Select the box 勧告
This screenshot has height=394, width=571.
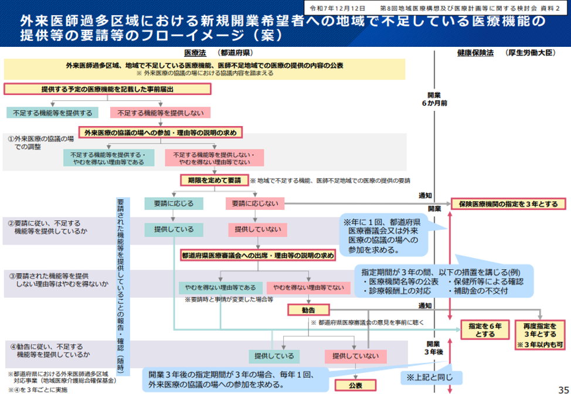(x=308, y=309)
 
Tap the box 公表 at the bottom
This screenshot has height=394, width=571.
(x=356, y=386)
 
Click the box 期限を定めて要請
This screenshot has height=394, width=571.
(x=215, y=181)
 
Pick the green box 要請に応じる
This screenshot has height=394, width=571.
(x=174, y=203)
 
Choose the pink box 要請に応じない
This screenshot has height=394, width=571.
(x=254, y=203)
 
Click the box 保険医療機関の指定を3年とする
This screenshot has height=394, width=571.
(x=508, y=204)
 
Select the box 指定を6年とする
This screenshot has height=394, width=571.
(x=484, y=330)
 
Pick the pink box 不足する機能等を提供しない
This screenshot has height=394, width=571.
(x=151, y=112)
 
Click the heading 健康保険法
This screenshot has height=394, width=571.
(x=474, y=53)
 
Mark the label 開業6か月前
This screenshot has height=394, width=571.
(x=434, y=99)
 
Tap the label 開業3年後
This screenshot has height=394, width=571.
(x=434, y=348)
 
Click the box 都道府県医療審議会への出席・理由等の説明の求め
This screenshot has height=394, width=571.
(x=257, y=256)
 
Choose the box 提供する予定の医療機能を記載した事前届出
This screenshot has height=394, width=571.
(x=107, y=89)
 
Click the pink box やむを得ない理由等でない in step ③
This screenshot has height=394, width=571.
(x=305, y=288)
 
